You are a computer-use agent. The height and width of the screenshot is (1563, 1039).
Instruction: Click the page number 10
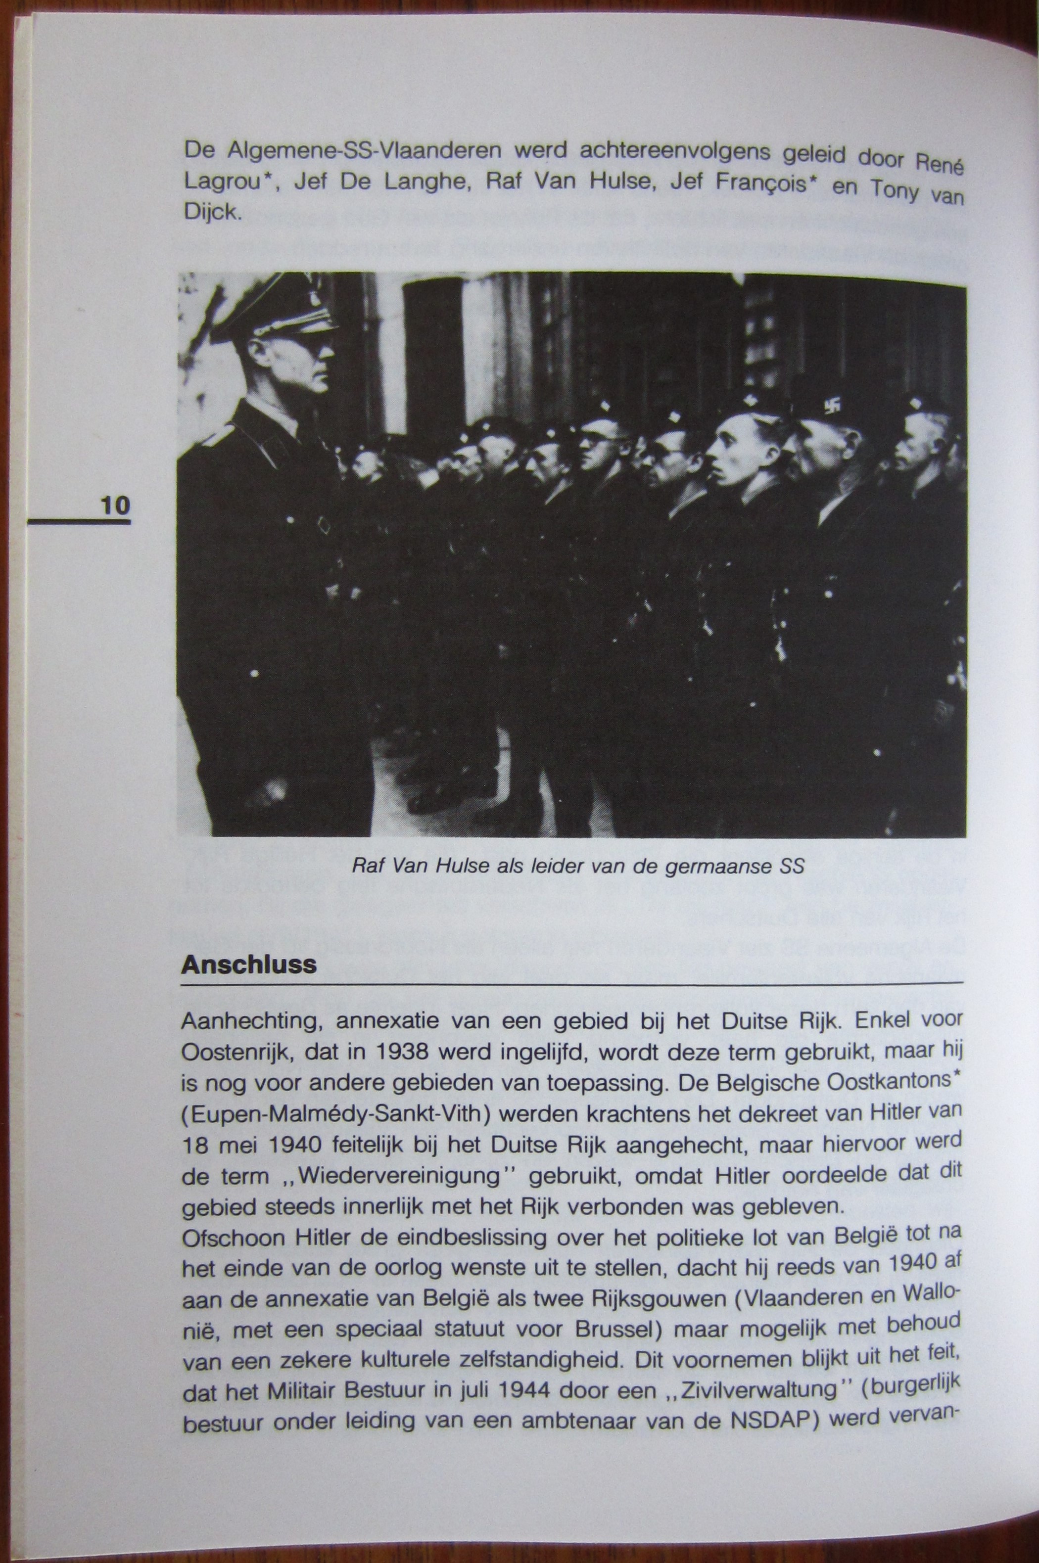click(115, 506)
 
